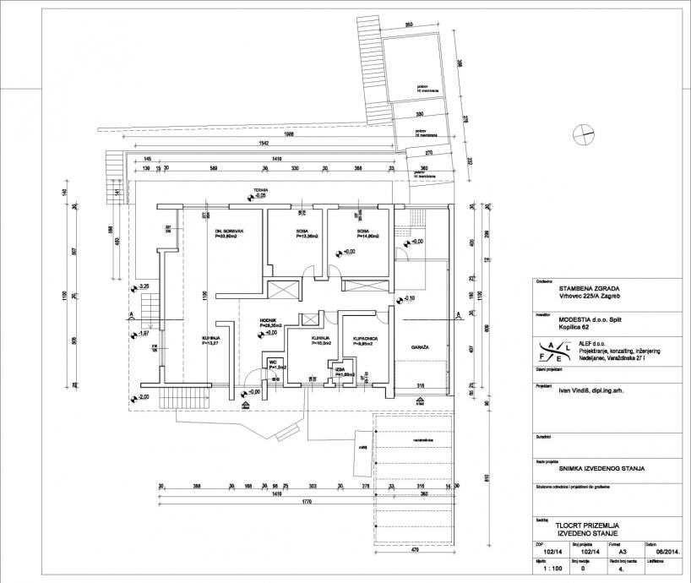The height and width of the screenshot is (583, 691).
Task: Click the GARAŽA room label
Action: coord(420,348)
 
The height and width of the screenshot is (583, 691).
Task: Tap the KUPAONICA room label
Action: coord(354,338)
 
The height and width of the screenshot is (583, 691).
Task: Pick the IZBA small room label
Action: coord(340,368)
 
